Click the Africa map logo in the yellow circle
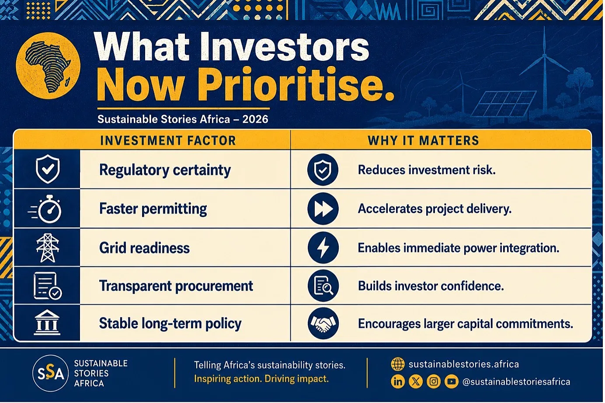click(x=48, y=66)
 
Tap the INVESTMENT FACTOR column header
click(x=168, y=141)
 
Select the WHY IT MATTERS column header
click(x=423, y=141)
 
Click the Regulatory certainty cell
click(x=165, y=170)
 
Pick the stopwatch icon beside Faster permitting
click(x=45, y=209)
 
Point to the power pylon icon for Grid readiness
click(x=48, y=248)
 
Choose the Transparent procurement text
click(x=176, y=286)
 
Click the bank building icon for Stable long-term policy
click(x=47, y=323)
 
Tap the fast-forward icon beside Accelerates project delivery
click(x=323, y=209)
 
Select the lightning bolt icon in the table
click(x=323, y=248)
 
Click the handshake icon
click(x=323, y=323)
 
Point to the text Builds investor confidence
click(x=431, y=286)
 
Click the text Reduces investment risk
click(x=427, y=170)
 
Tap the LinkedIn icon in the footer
click(x=397, y=382)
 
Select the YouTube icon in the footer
click(x=451, y=382)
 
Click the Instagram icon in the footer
click(x=434, y=382)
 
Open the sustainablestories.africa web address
click(x=463, y=364)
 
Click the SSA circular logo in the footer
click(x=51, y=373)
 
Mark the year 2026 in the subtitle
click(x=255, y=119)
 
